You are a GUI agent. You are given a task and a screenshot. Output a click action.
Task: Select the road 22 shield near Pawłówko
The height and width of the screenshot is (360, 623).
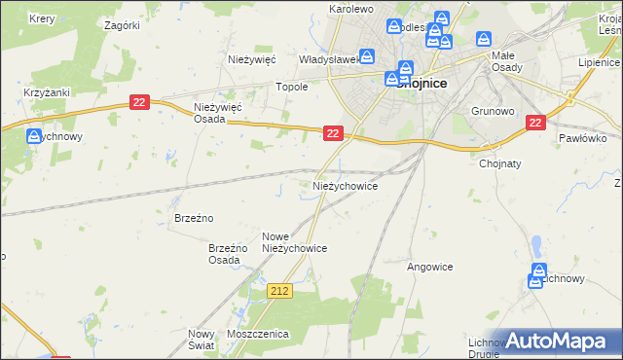[535, 123]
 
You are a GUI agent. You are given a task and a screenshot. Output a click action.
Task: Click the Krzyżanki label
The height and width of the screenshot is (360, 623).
[44, 92]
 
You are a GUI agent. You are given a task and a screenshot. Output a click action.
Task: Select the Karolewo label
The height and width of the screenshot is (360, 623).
[351, 9]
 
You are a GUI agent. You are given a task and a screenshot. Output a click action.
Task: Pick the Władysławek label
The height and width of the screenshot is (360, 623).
[329, 59]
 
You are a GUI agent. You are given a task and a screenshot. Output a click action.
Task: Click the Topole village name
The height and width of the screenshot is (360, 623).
[293, 87]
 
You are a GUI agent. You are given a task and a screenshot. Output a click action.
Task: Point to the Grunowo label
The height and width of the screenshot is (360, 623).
[492, 110]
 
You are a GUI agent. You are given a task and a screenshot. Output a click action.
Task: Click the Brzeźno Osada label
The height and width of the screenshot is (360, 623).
[224, 255]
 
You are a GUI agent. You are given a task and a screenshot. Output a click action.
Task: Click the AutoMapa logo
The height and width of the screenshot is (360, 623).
[559, 341]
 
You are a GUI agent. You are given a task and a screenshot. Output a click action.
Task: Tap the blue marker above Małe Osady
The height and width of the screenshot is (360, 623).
[484, 40]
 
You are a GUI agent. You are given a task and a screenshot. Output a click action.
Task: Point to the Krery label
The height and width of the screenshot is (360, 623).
[42, 18]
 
